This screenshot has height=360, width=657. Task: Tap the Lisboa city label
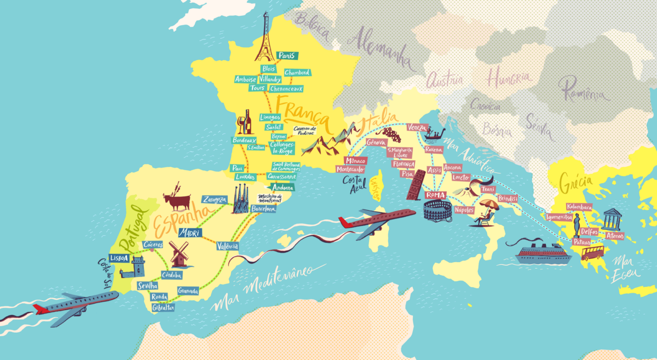[x=119, y=258]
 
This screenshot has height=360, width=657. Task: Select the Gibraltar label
[x=164, y=308]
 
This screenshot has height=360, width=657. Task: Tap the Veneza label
[x=417, y=127]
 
